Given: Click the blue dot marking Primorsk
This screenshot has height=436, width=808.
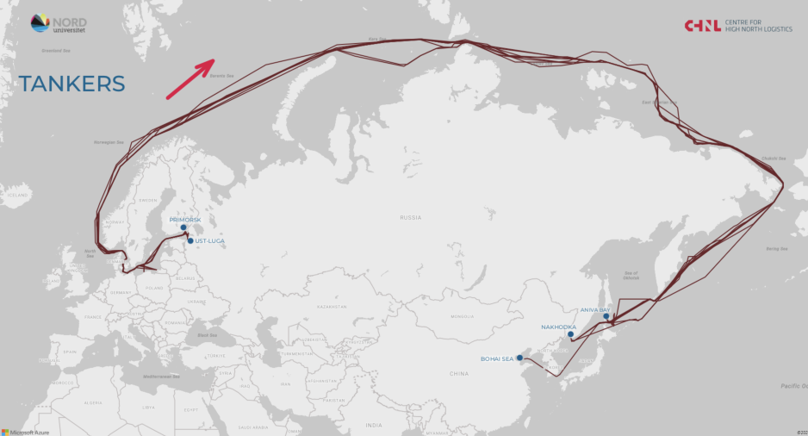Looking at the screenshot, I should [x=183, y=228].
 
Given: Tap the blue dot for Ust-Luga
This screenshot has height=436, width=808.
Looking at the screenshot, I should [x=190, y=241].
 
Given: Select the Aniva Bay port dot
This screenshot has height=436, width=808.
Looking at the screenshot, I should [x=606, y=316].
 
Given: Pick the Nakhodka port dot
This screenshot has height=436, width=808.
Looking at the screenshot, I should [x=570, y=334].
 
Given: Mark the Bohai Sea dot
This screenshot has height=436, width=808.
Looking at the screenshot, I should [x=519, y=358].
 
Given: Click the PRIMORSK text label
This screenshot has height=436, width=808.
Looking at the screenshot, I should [x=185, y=220].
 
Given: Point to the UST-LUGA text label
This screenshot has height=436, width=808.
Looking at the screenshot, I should [x=210, y=241].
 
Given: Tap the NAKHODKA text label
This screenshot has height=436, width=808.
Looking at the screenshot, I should [x=558, y=327].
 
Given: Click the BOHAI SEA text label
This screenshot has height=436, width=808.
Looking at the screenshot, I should [x=496, y=358].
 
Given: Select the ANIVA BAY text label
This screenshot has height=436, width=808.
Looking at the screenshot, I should [x=594, y=308].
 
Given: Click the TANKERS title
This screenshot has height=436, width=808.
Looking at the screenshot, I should [x=72, y=84].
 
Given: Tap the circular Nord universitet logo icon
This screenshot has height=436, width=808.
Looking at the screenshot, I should [x=40, y=23].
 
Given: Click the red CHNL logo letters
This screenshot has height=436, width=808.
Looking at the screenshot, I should [x=703, y=26].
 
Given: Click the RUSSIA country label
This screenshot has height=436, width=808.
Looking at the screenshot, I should [x=410, y=218].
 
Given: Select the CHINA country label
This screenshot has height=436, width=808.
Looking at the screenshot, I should [x=458, y=374].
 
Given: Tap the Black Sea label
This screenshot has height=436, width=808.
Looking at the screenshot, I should [x=207, y=335].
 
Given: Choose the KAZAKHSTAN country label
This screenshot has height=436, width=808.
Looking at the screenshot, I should [x=332, y=307].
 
